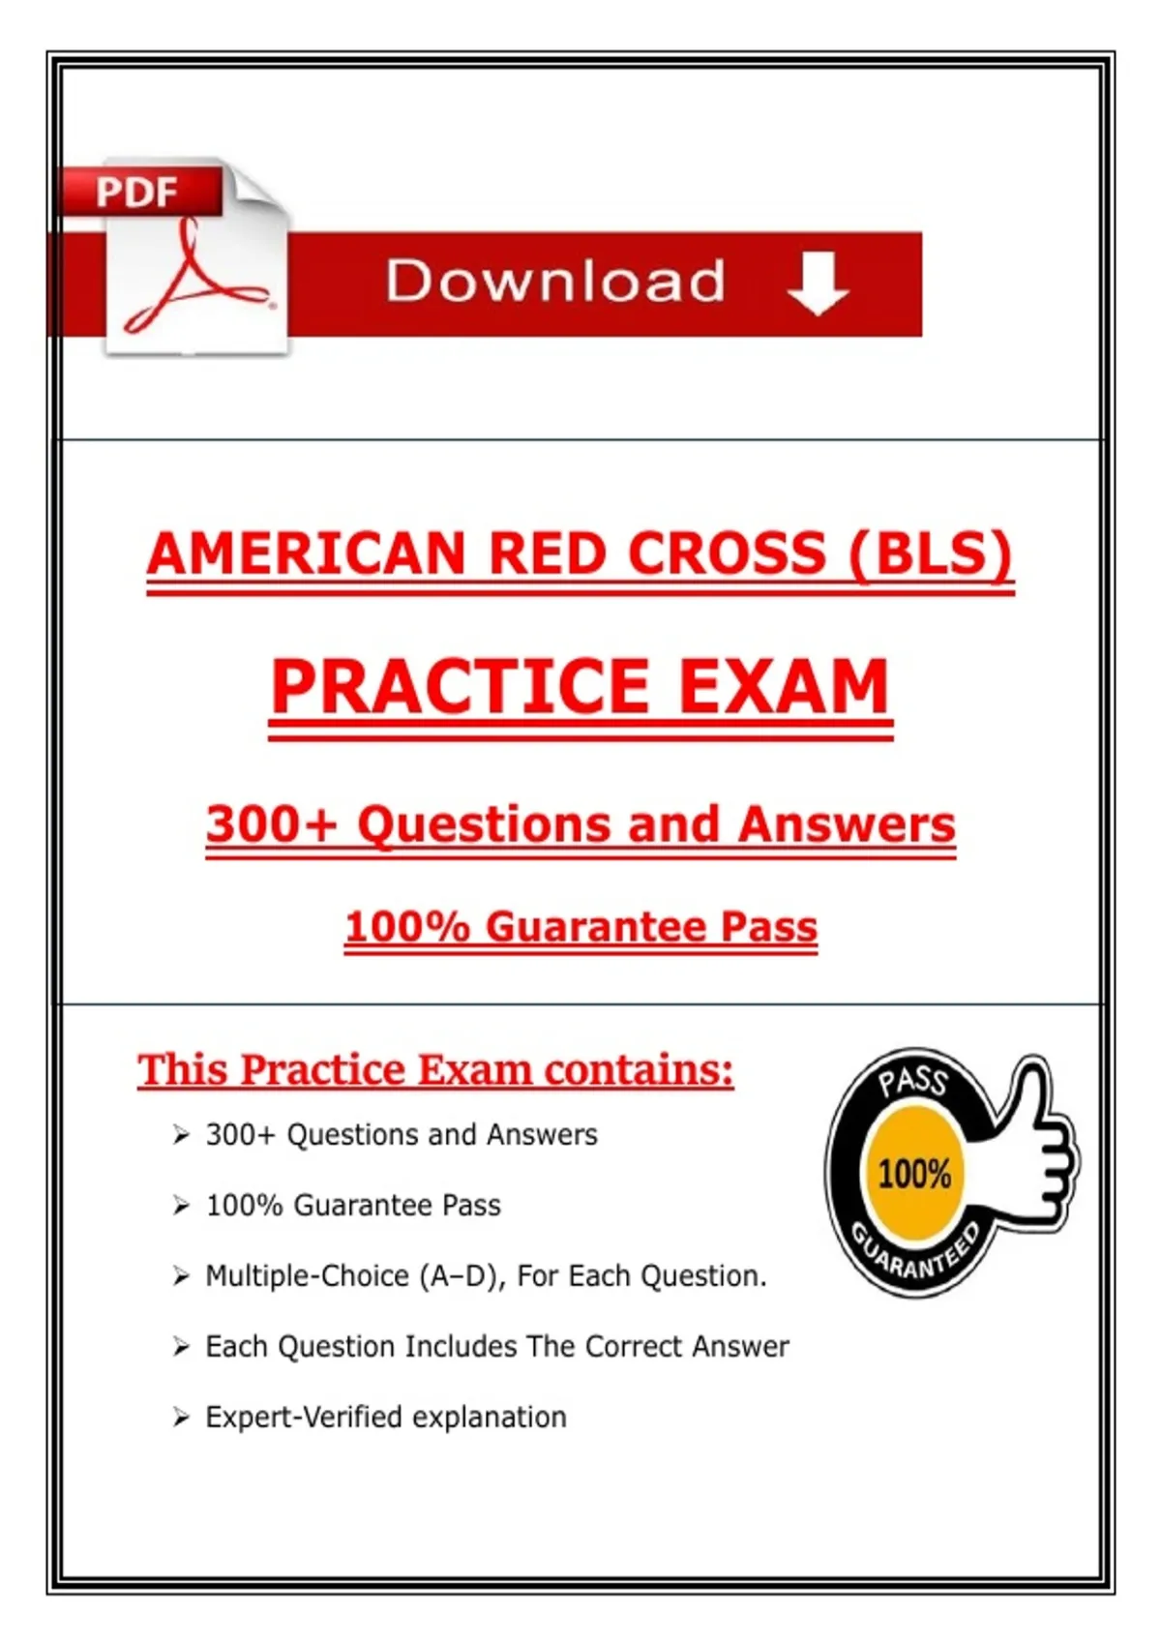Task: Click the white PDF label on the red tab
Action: [136, 193]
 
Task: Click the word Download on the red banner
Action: [555, 282]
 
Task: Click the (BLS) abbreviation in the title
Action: [931, 554]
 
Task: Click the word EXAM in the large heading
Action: [784, 687]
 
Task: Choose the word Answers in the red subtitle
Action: [847, 824]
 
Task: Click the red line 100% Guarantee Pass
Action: [580, 927]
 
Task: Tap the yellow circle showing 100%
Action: [914, 1174]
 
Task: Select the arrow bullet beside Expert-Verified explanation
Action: [181, 1418]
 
